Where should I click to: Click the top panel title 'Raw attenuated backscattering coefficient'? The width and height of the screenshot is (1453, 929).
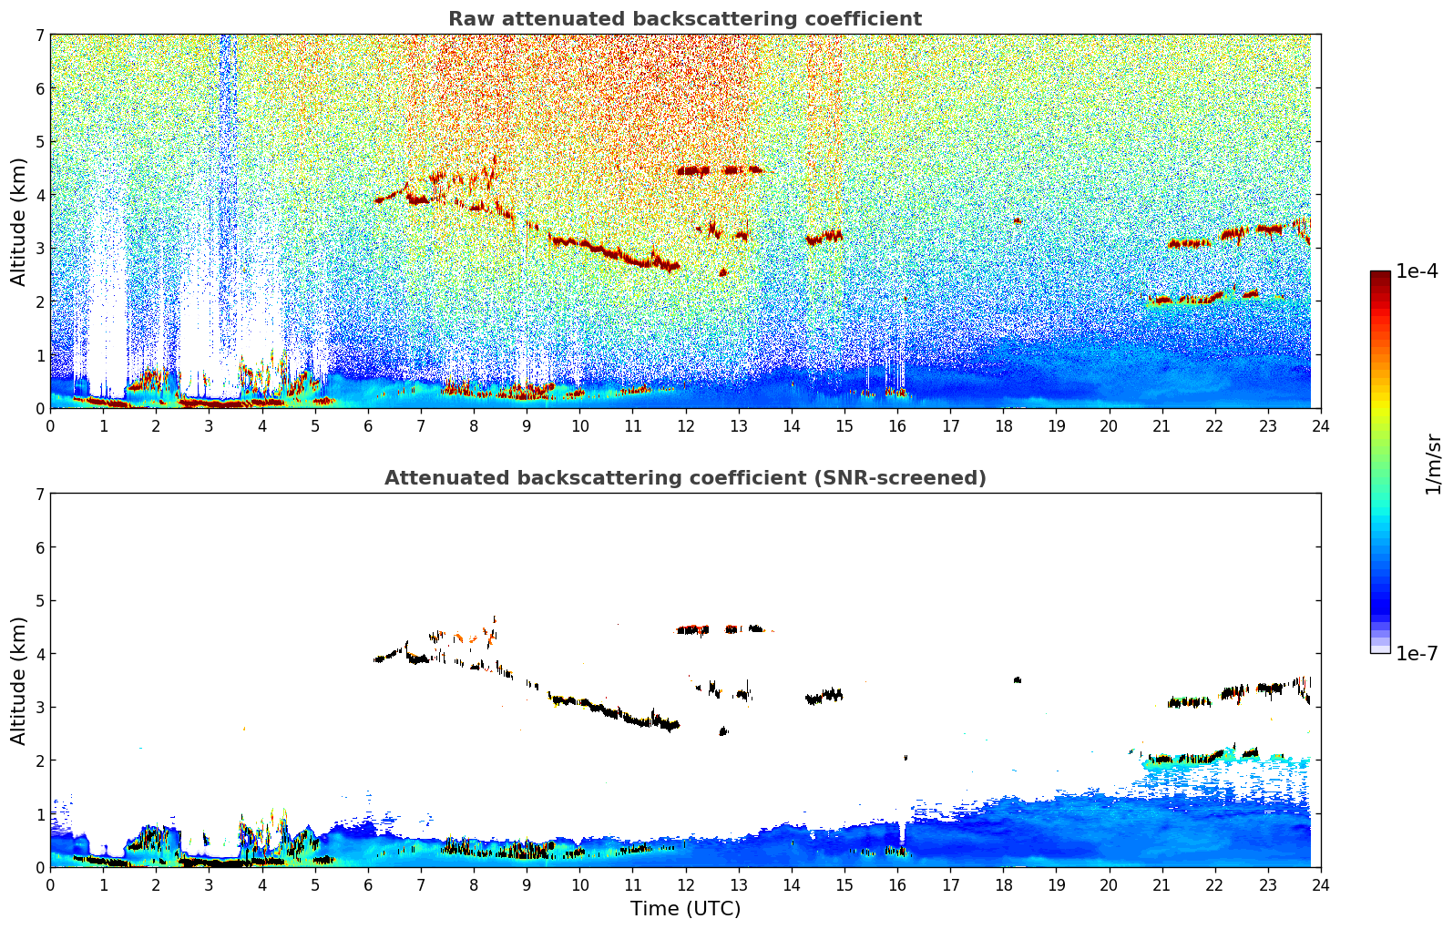(684, 19)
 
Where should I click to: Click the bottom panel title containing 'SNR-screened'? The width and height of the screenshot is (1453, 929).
(684, 478)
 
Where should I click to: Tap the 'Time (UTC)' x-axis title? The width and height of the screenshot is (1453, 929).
(685, 908)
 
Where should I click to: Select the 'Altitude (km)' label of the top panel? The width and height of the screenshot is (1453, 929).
(18, 221)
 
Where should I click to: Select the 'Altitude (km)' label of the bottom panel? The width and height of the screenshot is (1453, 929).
(18, 680)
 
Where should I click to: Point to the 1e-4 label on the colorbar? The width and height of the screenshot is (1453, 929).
(1417, 271)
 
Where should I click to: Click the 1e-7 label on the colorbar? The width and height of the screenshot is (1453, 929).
(1417, 653)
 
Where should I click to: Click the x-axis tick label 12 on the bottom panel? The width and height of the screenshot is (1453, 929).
(685, 884)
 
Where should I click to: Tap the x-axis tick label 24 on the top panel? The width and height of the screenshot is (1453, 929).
(1321, 425)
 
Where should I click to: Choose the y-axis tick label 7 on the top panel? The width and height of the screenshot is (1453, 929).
(39, 35)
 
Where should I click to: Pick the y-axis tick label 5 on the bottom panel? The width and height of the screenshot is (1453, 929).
(39, 600)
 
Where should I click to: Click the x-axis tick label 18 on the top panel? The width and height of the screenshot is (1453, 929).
(1003, 425)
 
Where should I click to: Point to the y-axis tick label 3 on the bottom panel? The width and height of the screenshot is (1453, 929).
(39, 707)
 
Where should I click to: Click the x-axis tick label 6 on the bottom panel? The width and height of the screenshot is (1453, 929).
(368, 884)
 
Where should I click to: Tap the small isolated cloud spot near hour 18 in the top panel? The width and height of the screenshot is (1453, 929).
(1018, 220)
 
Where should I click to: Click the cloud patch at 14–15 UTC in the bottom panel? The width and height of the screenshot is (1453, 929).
(825, 697)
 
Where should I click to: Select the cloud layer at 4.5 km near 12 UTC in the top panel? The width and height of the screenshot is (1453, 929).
(693, 170)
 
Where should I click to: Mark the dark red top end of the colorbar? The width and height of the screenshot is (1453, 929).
(1380, 275)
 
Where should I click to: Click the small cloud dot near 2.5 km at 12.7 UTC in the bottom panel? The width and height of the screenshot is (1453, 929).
(723, 730)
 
